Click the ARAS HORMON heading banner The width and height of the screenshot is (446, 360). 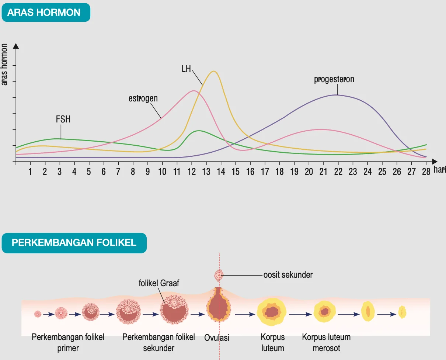tap(46, 12)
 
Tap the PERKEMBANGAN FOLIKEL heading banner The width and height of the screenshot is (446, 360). tap(74, 243)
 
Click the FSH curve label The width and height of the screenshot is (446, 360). tap(63, 119)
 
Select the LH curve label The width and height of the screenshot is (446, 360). tap(186, 69)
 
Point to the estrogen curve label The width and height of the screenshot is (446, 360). tap(143, 98)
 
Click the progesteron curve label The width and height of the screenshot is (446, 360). tap(334, 79)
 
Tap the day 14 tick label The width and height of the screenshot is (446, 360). tap(221, 172)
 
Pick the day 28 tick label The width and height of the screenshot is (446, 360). tap(426, 172)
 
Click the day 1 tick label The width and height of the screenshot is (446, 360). tap(30, 172)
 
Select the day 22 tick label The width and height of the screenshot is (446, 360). tap(338, 172)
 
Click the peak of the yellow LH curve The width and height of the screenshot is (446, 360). tap(213, 71)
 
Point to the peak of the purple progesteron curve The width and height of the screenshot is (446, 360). tap(336, 95)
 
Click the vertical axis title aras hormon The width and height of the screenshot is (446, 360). tap(4, 65)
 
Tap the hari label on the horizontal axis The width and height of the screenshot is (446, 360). tap(440, 170)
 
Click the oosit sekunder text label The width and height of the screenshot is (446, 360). tap(288, 275)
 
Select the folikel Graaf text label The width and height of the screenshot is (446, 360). tap(159, 283)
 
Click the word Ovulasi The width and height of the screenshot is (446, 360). tap(217, 338)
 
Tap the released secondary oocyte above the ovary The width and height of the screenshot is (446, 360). tap(219, 276)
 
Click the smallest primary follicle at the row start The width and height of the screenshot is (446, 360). tap(38, 314)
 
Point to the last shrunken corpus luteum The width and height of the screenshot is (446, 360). tap(402, 312)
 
